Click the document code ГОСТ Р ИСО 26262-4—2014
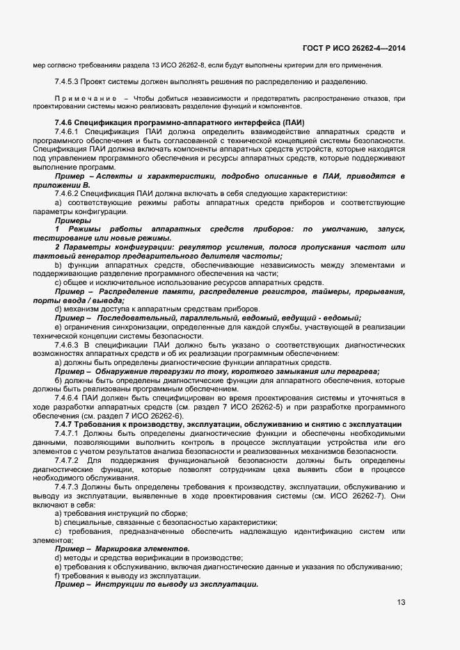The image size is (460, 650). tap(354, 48)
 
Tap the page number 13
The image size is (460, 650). tap(401, 602)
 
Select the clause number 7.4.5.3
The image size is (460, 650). tap(67, 82)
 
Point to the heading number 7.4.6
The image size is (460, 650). tap(66, 123)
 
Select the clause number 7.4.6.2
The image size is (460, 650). tap(68, 193)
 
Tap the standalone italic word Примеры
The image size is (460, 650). tap(72, 220)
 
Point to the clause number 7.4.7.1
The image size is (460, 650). tap(68, 433)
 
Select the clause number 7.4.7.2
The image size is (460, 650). tap(68, 460)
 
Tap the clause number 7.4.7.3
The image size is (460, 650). tap(68, 487)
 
